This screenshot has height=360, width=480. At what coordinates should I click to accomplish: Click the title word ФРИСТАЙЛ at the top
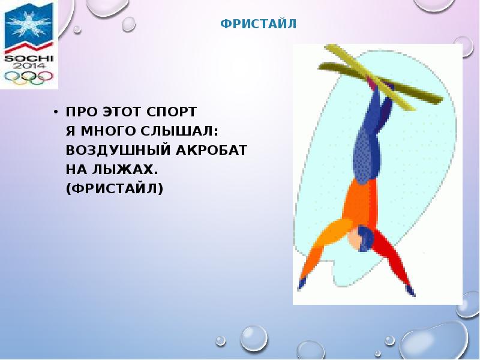pos(258,25)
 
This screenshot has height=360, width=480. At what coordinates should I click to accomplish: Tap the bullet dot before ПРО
pos(55,112)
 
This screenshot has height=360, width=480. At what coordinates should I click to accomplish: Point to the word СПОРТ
pos(175,112)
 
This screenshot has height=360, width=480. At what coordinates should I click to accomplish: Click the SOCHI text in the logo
pos(28,58)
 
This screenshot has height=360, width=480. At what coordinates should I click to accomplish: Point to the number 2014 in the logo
pos(28,67)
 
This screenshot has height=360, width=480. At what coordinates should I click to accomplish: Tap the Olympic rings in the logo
pos(28,77)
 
